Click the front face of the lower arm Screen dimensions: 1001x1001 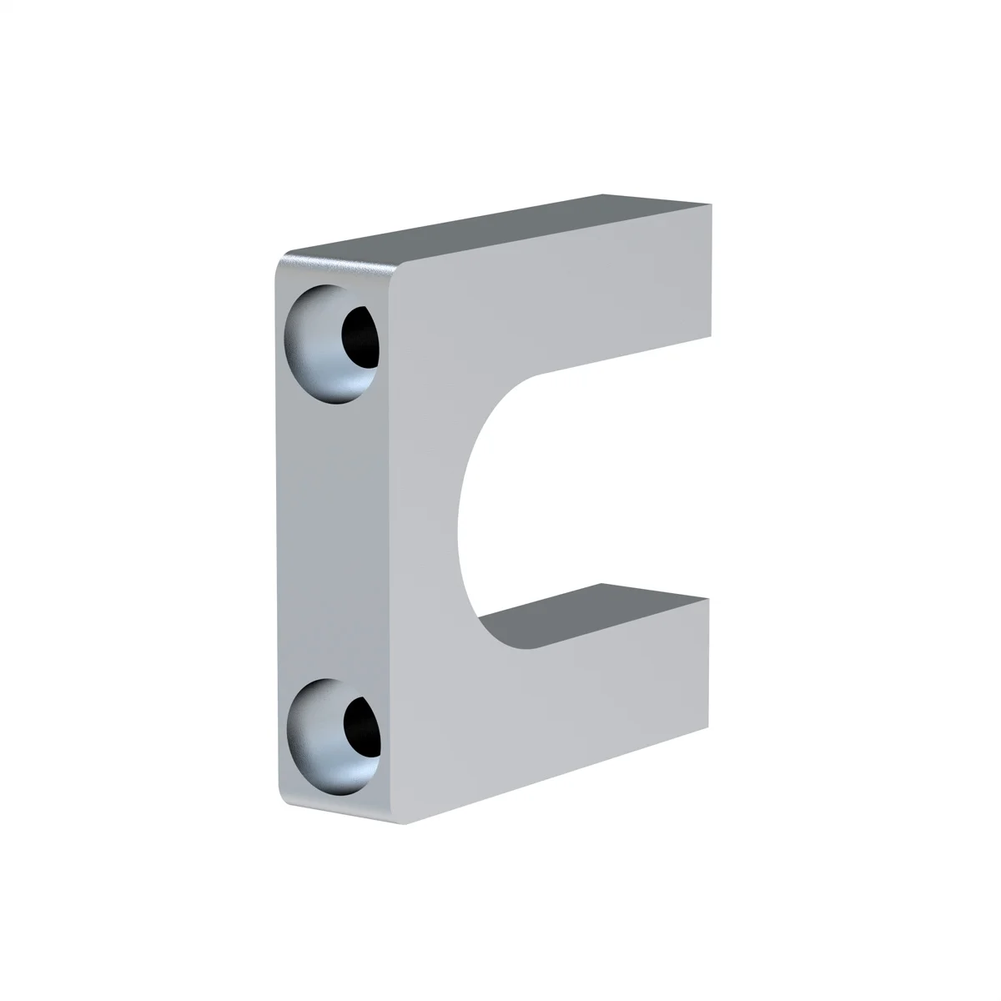point(584,692)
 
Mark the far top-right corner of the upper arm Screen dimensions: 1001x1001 point(712,203)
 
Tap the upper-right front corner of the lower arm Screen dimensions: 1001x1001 point(708,599)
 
